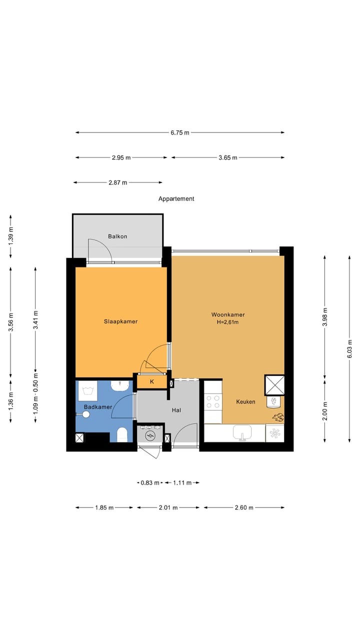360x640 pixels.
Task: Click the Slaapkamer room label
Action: point(120,321)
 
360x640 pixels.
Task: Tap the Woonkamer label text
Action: point(228,314)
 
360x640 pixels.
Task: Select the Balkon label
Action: point(117,236)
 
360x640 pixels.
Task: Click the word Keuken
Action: point(245,401)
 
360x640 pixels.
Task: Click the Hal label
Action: point(176,410)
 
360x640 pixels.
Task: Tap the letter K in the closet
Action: point(152,382)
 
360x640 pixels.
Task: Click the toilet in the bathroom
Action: point(122,434)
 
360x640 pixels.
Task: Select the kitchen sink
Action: point(242,433)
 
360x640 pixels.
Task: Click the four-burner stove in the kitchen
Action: point(213,401)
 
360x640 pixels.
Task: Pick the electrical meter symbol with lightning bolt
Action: point(149,436)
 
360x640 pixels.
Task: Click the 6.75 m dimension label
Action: point(180,132)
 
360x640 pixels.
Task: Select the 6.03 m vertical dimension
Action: point(349,348)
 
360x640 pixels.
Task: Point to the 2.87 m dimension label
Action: point(117,182)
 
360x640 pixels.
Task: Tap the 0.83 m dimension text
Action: point(149,482)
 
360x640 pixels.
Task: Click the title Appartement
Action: point(176,198)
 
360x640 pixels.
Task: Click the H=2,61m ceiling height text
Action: point(228,322)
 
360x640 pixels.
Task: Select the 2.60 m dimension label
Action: point(244,507)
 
